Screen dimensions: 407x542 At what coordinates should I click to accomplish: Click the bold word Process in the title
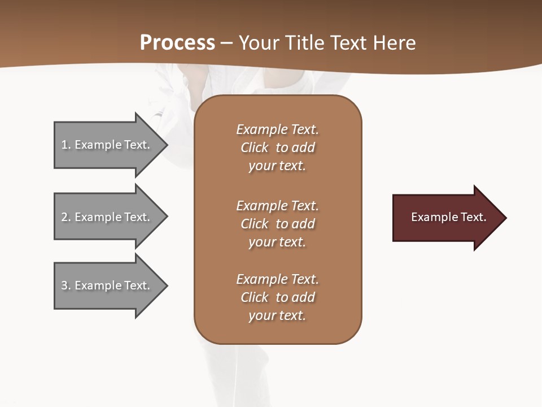point(177,43)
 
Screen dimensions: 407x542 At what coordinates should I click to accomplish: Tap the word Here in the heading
point(395,43)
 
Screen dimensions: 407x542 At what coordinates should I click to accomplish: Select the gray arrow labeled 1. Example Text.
point(106,145)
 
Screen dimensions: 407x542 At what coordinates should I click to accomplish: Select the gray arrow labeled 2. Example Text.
point(106,217)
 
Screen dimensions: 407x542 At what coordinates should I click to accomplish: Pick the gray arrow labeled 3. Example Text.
point(106,285)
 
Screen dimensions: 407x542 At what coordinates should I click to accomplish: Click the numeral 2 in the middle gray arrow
point(64,217)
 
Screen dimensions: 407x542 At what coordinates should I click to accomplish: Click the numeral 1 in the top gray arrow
point(64,145)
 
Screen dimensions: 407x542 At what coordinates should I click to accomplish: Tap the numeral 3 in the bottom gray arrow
point(64,285)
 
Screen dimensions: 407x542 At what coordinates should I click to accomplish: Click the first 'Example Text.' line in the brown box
point(277,129)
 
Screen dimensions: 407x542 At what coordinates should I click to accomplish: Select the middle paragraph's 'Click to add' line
point(277,224)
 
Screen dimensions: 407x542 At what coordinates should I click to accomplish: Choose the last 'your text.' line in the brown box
point(277,315)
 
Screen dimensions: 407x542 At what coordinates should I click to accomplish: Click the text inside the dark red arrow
point(449,217)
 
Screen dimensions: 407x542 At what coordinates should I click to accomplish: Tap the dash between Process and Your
point(226,43)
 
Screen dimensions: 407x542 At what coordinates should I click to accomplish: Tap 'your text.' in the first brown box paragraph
point(277,166)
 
